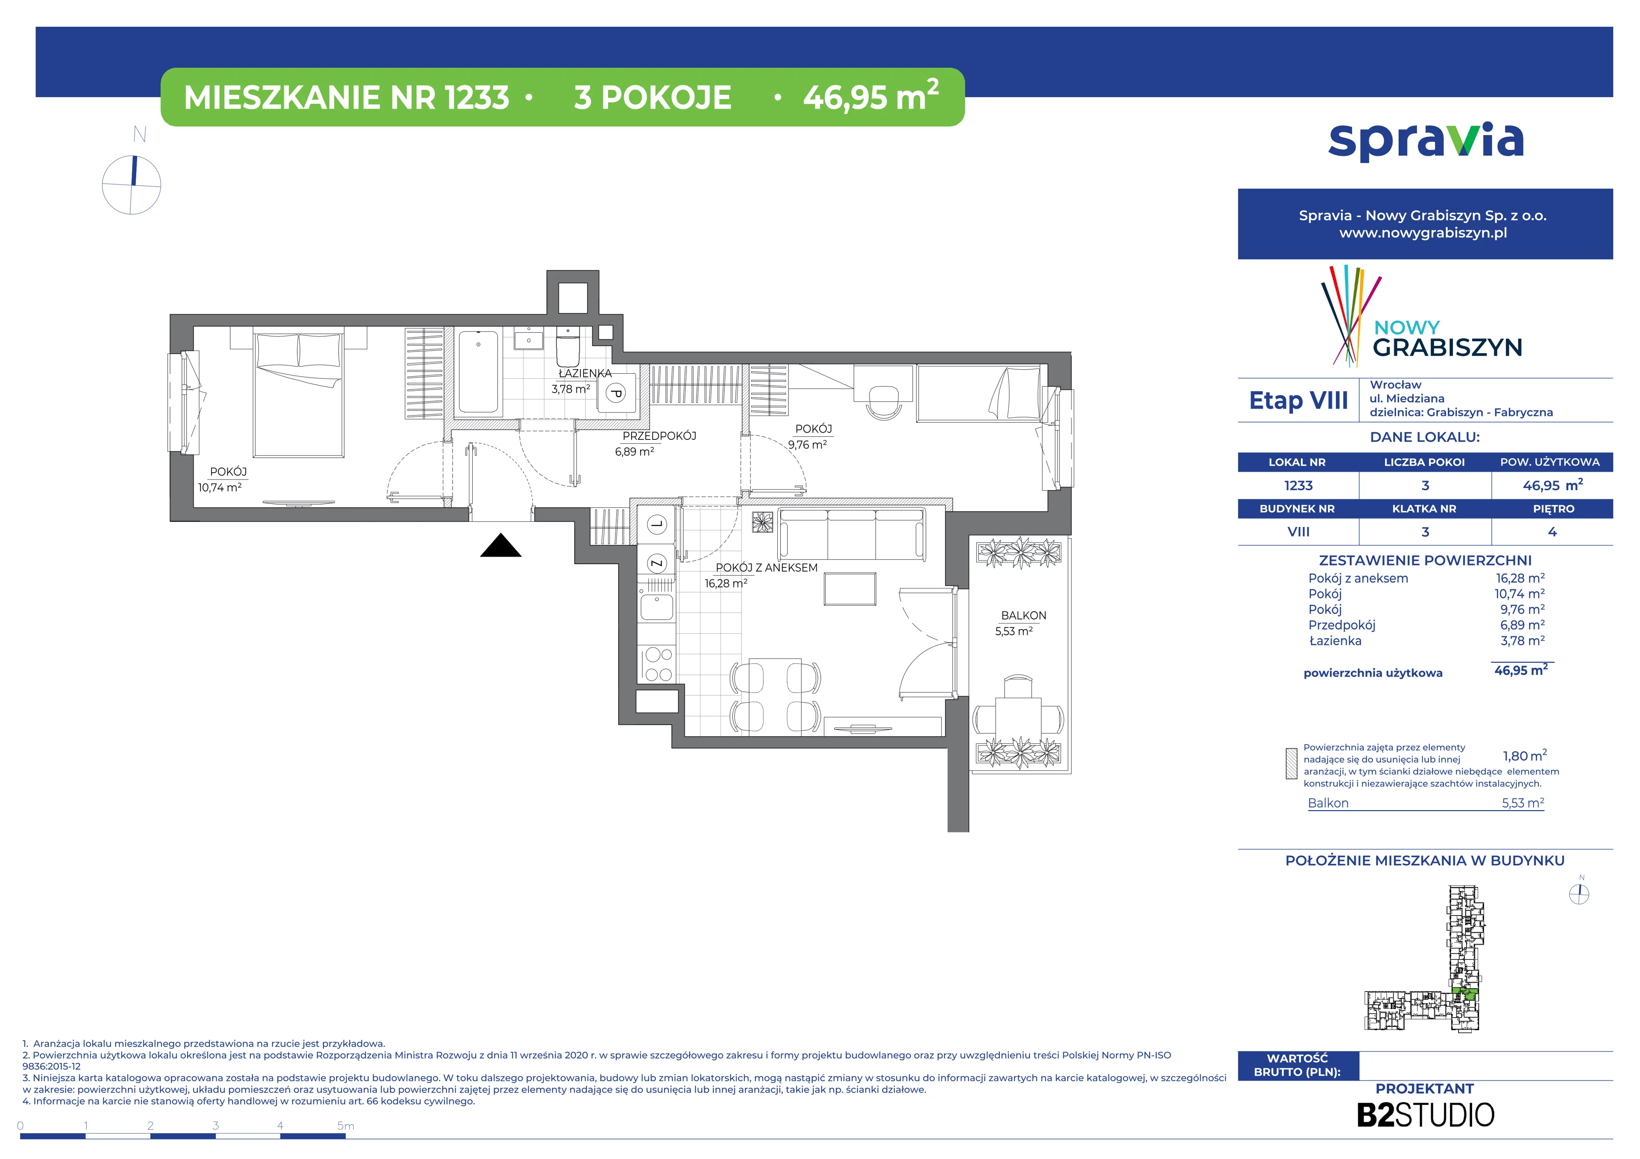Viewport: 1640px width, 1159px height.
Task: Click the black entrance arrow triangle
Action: point(501,546)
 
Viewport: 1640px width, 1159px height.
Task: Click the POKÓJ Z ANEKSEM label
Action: point(767,568)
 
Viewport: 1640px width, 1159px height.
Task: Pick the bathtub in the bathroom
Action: point(478,372)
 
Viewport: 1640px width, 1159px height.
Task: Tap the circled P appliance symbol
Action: point(616,393)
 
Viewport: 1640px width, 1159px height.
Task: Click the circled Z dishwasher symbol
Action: point(656,563)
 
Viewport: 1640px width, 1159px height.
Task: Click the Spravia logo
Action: point(1426,141)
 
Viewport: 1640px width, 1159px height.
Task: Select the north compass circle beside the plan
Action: point(132,185)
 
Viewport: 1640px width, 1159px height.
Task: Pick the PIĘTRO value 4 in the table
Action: point(1552,532)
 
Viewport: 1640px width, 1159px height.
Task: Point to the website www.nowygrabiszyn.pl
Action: point(1423,233)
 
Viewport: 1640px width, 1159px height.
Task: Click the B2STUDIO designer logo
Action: point(1425,1115)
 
